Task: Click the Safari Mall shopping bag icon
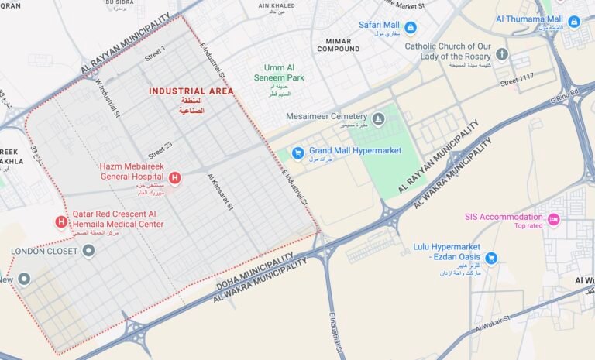click(x=411, y=28)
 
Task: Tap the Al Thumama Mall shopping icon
click(x=573, y=21)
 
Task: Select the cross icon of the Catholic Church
click(x=502, y=53)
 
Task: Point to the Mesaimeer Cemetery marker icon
click(x=378, y=118)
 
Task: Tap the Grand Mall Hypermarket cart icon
click(x=297, y=151)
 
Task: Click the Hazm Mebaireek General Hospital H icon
click(x=174, y=179)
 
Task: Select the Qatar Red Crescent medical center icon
click(x=61, y=222)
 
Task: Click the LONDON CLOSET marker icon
click(x=89, y=251)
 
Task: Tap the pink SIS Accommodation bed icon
click(x=553, y=219)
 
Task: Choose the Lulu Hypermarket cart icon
click(x=491, y=258)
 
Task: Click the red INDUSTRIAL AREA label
click(x=191, y=91)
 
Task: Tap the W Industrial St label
click(x=109, y=98)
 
